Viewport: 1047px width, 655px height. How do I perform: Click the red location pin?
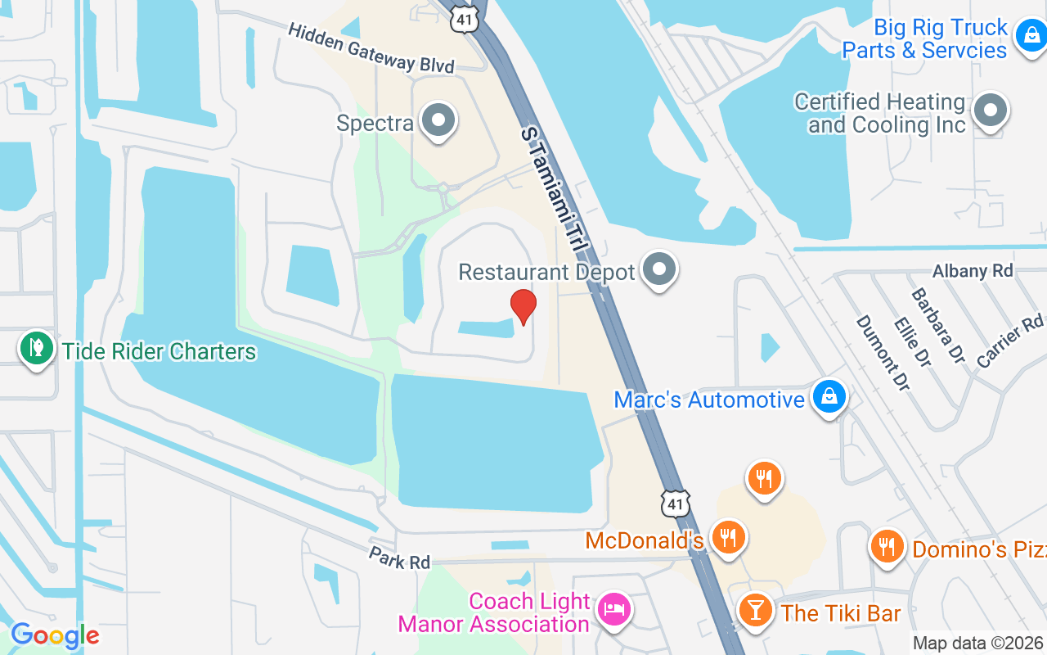(x=523, y=306)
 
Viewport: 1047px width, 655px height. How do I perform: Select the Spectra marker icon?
(x=438, y=120)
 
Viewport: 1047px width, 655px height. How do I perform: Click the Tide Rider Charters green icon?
(x=36, y=350)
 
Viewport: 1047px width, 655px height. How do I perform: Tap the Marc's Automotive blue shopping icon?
(x=829, y=397)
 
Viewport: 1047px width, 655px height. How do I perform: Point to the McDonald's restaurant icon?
(x=726, y=538)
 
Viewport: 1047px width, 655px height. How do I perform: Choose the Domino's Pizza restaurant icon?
(x=887, y=544)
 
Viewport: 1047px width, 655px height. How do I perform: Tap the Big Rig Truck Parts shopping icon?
(x=1029, y=36)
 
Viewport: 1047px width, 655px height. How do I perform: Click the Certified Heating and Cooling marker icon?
(x=991, y=110)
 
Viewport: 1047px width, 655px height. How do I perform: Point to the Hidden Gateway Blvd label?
(x=371, y=47)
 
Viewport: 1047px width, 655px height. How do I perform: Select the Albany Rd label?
(x=973, y=271)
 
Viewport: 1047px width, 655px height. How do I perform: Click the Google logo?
(x=55, y=635)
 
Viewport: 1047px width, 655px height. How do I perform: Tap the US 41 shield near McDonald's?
(x=676, y=503)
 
